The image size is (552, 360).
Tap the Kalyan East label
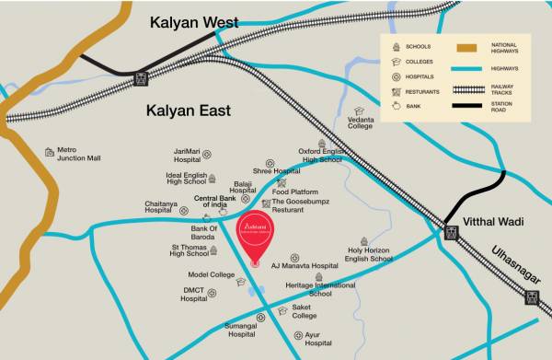[191, 111]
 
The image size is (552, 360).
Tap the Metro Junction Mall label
[79, 154]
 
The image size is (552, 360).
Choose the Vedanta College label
[361, 122]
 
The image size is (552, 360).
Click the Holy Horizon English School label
[369, 254]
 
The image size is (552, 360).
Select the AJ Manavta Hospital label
[305, 265]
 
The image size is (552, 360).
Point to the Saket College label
[305, 311]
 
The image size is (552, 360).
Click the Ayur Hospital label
[318, 339]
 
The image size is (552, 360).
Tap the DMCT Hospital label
[194, 295]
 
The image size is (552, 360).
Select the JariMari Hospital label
[187, 155]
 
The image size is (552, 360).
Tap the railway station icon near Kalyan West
[141, 79]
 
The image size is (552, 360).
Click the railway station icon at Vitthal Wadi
[451, 232]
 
